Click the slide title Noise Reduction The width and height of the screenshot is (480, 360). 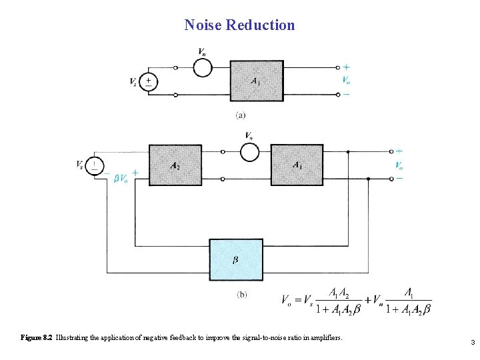pos(239,25)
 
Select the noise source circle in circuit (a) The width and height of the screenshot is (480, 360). pos(203,67)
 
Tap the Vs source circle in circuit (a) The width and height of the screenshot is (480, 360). pos(149,81)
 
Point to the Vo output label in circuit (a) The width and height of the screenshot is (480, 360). pos(346,81)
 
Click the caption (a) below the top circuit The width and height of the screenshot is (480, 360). pos(239,115)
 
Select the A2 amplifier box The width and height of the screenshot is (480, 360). pos(175,165)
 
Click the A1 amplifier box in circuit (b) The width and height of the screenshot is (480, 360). pos(297,165)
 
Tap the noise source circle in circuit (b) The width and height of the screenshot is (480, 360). pos(249,151)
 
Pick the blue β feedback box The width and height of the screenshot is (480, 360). pos(235,259)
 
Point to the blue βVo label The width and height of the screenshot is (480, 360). pos(121,178)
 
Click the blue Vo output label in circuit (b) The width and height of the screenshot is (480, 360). pos(399,165)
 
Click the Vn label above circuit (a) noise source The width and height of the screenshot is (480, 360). pos(202,51)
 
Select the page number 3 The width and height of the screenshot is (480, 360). pos(472,343)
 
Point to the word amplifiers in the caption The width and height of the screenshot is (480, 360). pos(323,338)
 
